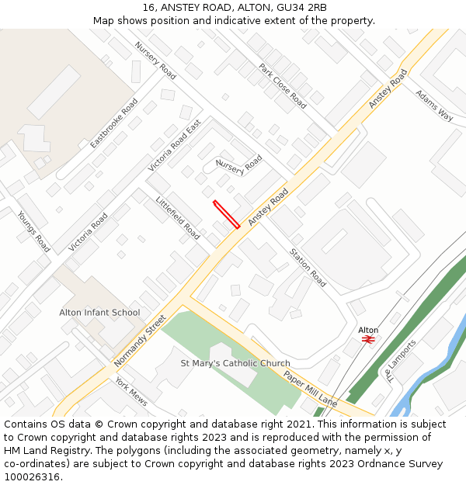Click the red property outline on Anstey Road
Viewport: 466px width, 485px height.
pyautogui.click(x=226, y=215)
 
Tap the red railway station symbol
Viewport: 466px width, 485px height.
pyautogui.click(x=368, y=339)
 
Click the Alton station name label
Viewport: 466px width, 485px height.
pyautogui.click(x=368, y=330)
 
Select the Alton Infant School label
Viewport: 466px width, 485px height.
pyautogui.click(x=99, y=313)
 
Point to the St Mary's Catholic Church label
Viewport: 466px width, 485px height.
pyautogui.click(x=235, y=363)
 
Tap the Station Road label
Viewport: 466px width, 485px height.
pyautogui.click(x=308, y=267)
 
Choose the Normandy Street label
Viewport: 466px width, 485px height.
pyautogui.click(x=141, y=341)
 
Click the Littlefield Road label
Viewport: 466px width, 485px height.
pyautogui.click(x=178, y=218)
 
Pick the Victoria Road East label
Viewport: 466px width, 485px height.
pyautogui.click(x=175, y=145)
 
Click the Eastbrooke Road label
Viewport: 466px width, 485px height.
pyautogui.click(x=114, y=123)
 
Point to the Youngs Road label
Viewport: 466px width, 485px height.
pyautogui.click(x=34, y=231)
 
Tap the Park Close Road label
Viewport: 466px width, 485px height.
pyautogui.click(x=283, y=85)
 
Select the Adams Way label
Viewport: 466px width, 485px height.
pyautogui.click(x=434, y=106)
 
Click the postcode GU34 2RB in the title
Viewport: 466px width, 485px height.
pyautogui.click(x=301, y=8)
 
